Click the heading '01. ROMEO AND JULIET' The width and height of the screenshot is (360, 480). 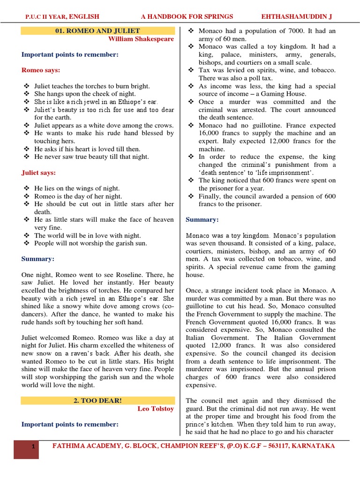click(x=98, y=31)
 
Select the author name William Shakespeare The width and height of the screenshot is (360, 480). click(x=141, y=39)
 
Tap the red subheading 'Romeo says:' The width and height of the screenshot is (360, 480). click(x=41, y=70)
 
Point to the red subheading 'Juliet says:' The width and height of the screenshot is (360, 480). click(x=39, y=172)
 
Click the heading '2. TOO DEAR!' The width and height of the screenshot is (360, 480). click(x=98, y=401)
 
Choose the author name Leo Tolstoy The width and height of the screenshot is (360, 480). click(x=156, y=409)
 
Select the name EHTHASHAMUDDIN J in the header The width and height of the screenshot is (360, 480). click(x=296, y=16)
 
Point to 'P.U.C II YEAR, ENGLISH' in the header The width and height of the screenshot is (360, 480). click(x=62, y=16)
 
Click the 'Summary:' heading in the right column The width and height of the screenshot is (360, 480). click(x=202, y=219)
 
